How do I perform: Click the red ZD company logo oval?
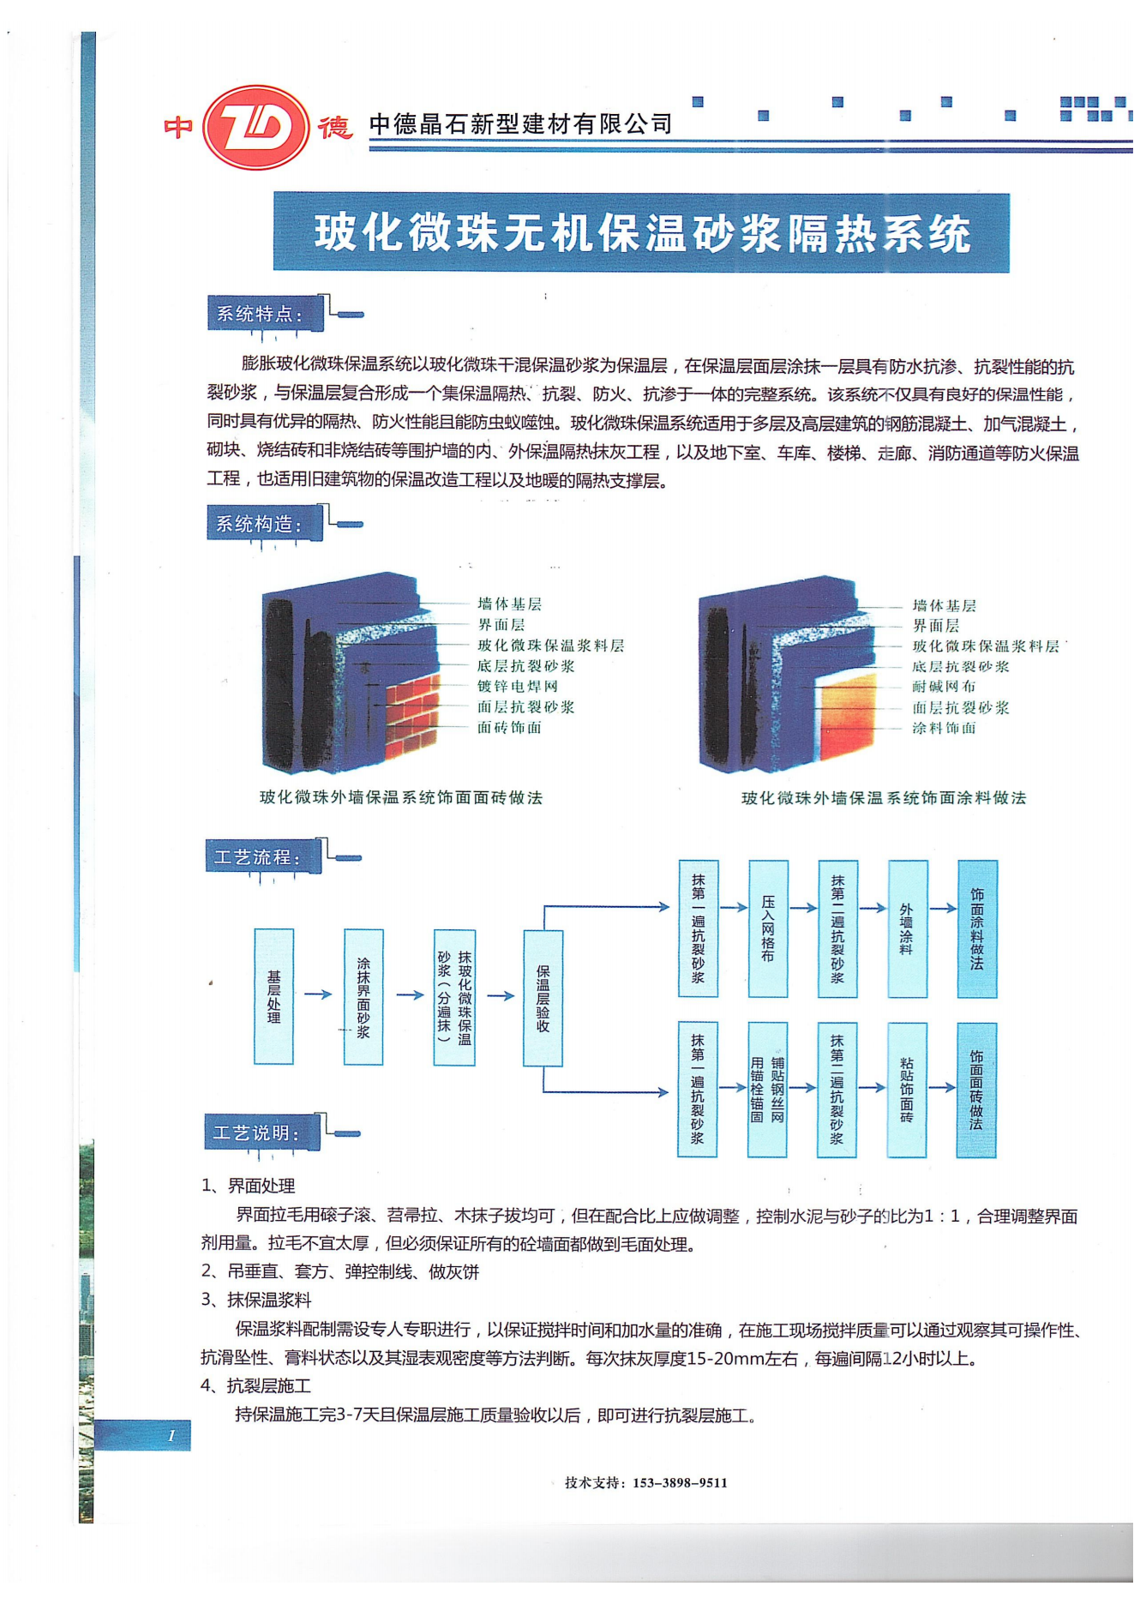point(255,127)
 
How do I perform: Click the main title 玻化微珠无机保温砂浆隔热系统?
point(641,233)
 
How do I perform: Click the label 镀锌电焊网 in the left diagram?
point(518,686)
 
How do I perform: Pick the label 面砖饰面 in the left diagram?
point(509,728)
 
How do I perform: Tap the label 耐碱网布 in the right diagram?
point(944,686)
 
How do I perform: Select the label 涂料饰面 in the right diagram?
point(944,728)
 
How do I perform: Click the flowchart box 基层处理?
point(274,997)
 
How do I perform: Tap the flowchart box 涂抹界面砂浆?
point(363,997)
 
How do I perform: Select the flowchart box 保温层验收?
point(543,998)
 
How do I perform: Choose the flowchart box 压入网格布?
point(768,928)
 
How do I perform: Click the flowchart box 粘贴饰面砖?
point(907,1090)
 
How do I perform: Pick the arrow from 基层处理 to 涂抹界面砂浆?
point(318,994)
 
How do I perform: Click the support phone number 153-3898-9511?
point(680,1483)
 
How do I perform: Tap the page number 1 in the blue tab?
point(171,1436)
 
